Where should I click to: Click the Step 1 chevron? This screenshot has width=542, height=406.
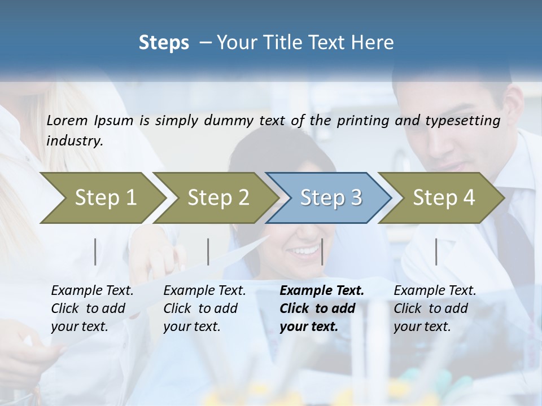(x=106, y=198)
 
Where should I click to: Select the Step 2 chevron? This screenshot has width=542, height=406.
(x=218, y=198)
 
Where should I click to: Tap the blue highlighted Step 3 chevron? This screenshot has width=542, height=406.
(x=331, y=198)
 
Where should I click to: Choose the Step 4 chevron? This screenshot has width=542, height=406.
(x=444, y=198)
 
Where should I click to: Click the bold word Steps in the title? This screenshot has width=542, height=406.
(x=164, y=43)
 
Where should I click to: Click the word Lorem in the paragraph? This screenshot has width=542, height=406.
(x=67, y=120)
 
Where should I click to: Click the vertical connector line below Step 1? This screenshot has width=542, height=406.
(x=95, y=251)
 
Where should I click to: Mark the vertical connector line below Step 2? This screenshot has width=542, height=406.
(x=208, y=251)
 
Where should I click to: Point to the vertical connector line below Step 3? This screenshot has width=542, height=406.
(x=322, y=251)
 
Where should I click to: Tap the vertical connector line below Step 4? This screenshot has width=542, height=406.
(x=436, y=251)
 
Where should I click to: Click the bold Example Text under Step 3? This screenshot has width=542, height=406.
(x=322, y=291)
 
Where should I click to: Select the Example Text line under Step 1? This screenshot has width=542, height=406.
(x=92, y=291)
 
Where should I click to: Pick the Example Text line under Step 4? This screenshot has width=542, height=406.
(x=435, y=291)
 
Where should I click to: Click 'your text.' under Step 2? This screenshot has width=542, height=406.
(x=192, y=326)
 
